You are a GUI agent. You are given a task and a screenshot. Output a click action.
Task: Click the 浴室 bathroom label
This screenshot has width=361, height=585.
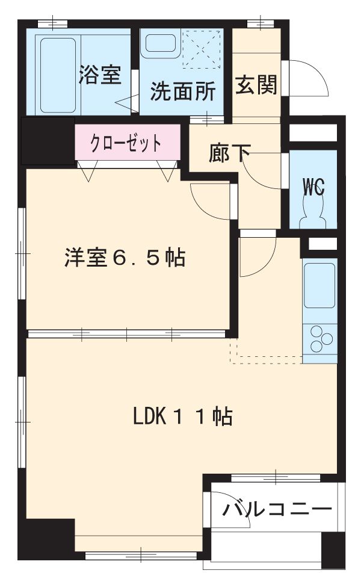pyautogui.click(x=100, y=75)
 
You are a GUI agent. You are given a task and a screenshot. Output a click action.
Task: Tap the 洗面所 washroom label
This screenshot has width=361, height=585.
pyautogui.click(x=182, y=91)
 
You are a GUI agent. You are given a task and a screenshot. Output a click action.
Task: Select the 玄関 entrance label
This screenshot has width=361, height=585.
pyautogui.click(x=256, y=85)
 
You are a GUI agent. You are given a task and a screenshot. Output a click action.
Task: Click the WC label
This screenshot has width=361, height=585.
pyautogui.click(x=313, y=188)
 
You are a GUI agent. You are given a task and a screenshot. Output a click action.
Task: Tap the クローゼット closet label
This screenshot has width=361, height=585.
pyautogui.click(x=126, y=143)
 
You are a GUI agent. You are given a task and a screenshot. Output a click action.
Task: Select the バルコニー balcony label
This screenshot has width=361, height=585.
pyautogui.click(x=277, y=510)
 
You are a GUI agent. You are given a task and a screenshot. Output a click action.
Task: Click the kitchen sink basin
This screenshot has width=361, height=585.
pyautogui.click(x=319, y=285)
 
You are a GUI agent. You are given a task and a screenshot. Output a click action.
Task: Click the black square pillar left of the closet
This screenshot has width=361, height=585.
pyautogui.click(x=47, y=140)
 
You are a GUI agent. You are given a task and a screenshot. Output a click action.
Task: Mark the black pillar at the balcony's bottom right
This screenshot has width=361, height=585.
pyautogui.click(x=333, y=547)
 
